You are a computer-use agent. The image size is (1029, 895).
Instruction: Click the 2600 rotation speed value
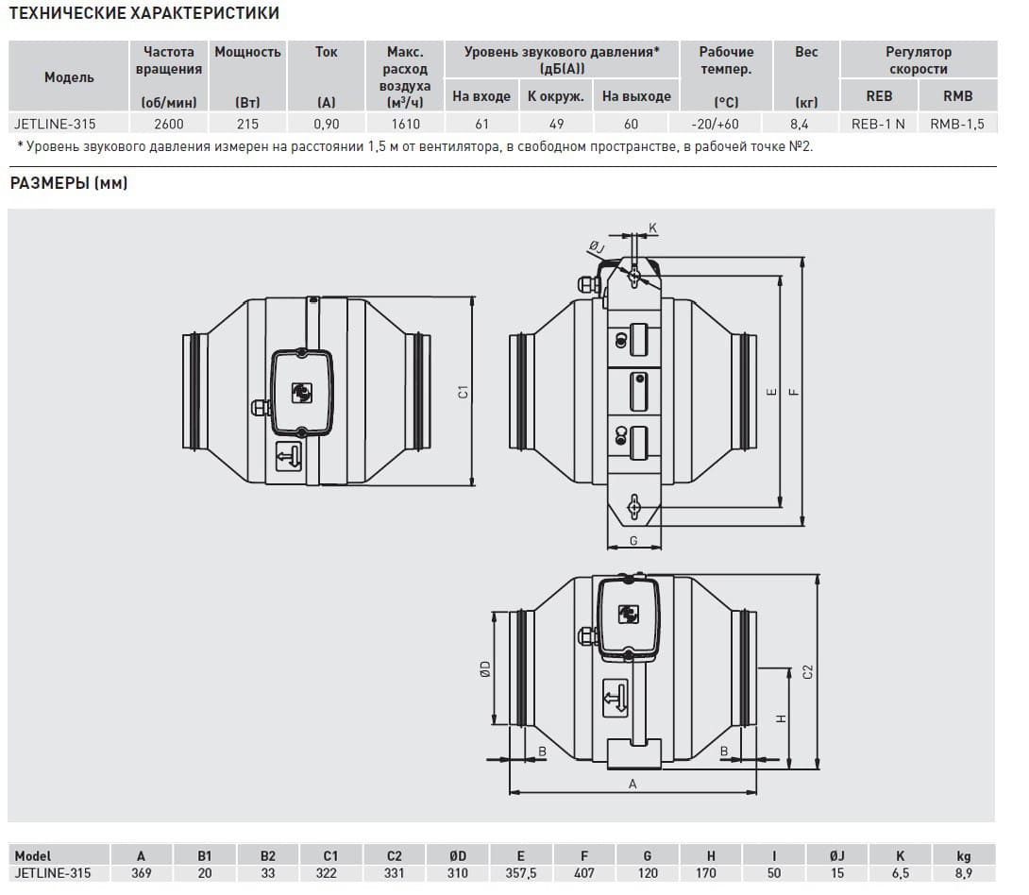(169, 124)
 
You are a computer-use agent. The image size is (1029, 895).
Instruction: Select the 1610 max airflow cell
(405, 124)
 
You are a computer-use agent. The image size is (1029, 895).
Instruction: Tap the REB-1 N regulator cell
(878, 124)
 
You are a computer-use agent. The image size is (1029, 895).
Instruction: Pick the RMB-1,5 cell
(957, 124)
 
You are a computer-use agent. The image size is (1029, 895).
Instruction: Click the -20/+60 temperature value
(715, 124)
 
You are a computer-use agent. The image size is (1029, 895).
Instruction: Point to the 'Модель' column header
(69, 76)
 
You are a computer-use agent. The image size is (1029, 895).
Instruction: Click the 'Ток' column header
(326, 52)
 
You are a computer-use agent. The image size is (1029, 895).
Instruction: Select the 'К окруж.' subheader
(556, 95)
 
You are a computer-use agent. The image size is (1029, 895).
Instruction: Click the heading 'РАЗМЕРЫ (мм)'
(69, 183)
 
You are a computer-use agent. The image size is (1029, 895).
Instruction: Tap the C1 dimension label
(464, 392)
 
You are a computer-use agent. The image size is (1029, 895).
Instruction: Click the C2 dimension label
(807, 672)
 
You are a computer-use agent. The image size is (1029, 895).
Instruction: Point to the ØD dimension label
(485, 668)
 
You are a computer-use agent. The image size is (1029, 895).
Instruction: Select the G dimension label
(633, 541)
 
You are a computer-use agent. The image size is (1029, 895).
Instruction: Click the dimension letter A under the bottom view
(633, 784)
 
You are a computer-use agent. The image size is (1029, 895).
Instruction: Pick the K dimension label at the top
(652, 228)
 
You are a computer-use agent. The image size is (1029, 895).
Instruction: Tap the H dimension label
(781, 718)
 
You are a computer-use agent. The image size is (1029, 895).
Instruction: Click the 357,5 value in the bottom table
(520, 873)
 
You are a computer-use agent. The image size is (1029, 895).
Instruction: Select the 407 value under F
(584, 873)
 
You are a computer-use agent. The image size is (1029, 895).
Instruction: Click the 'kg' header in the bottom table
(963, 855)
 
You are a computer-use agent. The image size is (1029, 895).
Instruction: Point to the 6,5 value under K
(901, 873)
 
